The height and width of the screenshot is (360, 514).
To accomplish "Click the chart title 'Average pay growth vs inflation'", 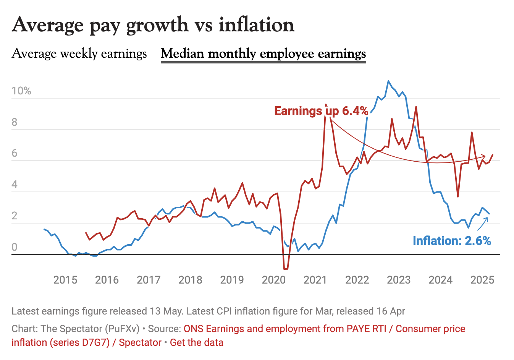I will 153,25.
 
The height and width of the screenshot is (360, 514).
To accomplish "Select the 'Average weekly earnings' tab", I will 79,54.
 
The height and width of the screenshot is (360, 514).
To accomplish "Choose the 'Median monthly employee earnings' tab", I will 263,54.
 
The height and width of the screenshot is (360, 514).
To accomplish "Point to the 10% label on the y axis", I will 21,91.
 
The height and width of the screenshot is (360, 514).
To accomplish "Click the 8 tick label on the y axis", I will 15,122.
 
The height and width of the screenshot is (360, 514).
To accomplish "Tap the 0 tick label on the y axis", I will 15,247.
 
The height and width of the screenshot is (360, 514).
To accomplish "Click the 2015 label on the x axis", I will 65,280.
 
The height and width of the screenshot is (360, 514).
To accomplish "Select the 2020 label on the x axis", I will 274,280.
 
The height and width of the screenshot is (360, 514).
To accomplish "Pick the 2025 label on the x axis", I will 482,280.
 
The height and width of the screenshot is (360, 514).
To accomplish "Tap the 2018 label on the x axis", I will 190,280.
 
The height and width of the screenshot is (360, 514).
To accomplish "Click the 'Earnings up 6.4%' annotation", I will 321,111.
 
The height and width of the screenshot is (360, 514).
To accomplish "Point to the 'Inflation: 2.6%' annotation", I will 452,241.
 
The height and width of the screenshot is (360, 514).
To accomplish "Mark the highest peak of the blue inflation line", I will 388,81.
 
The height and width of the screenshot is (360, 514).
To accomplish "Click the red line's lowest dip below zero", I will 286,269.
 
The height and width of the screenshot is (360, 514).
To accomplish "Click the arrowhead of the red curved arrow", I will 484,156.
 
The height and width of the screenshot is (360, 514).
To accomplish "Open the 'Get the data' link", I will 197,342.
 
